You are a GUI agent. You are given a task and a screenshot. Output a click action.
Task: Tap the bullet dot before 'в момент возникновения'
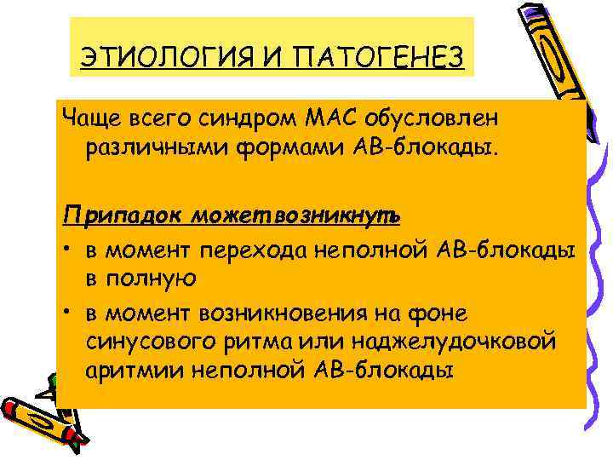click(65, 312)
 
